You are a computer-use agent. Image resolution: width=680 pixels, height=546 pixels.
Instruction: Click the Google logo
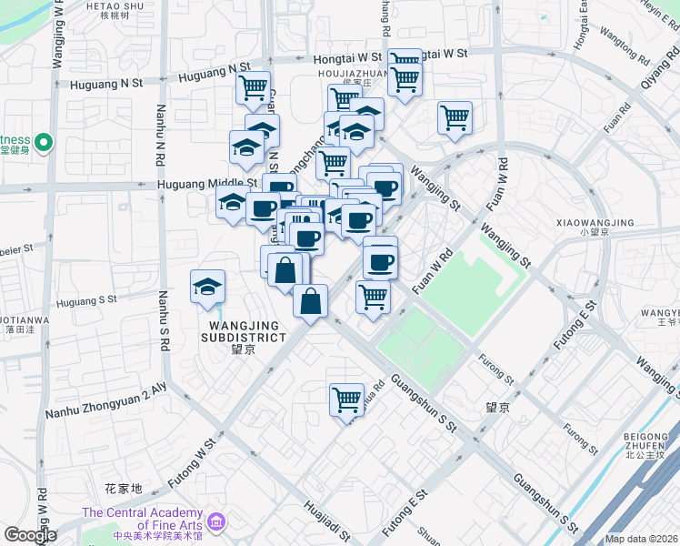pyautogui.click(x=29, y=535)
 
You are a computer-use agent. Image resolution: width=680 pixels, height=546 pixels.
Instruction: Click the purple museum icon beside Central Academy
pyautogui.click(x=216, y=521)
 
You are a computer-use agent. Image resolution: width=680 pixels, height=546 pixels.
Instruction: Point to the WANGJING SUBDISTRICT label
pyautogui.click(x=247, y=331)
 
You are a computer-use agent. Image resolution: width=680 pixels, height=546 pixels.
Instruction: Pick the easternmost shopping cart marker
pyautogui.click(x=455, y=118)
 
